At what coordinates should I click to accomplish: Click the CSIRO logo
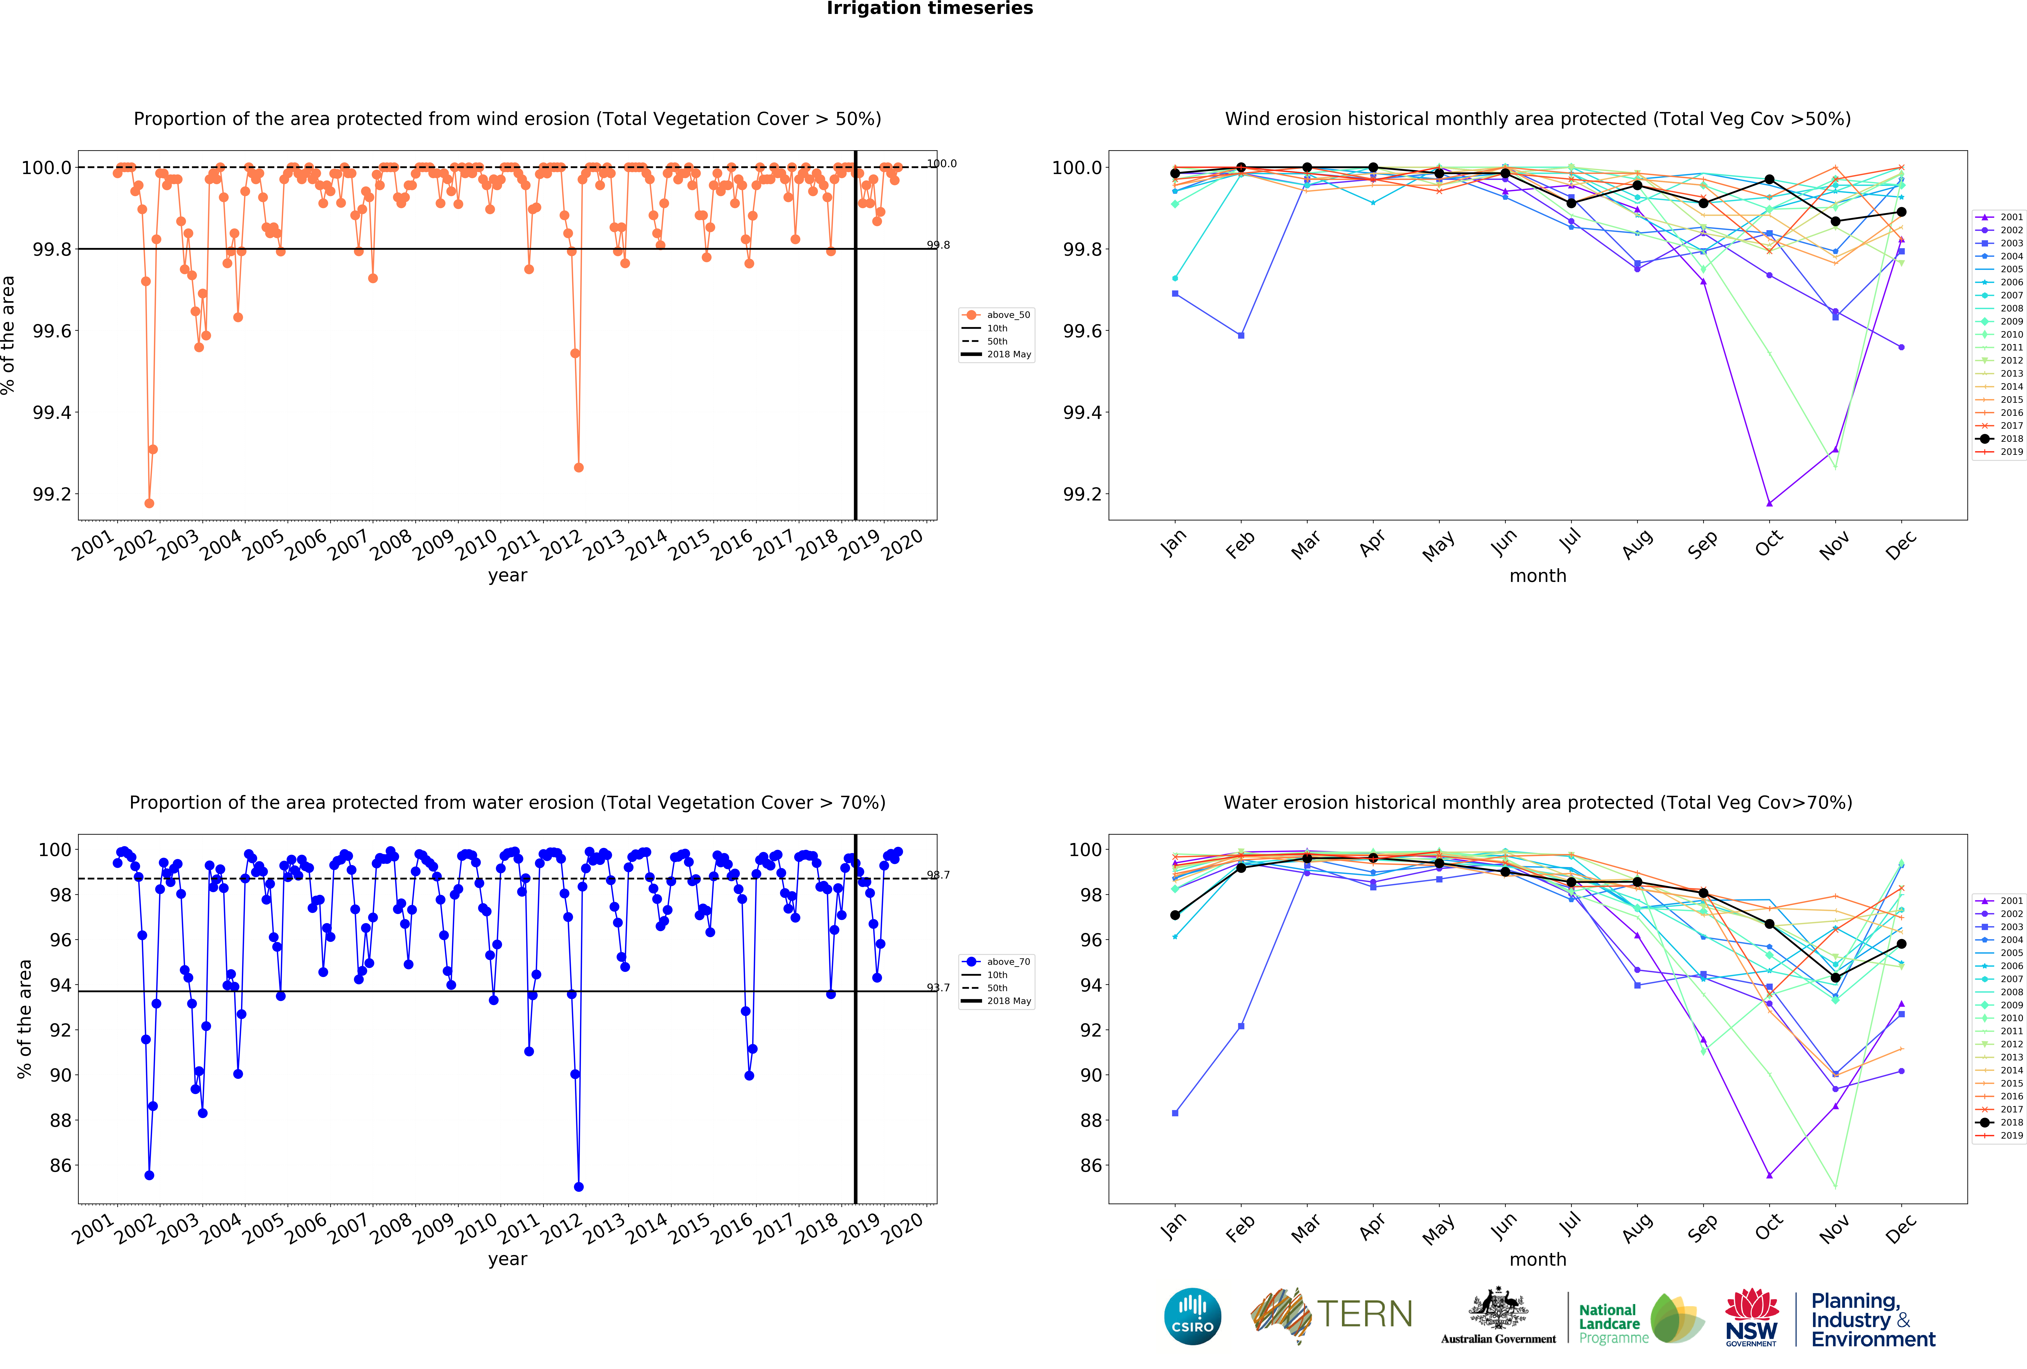(x=1192, y=1316)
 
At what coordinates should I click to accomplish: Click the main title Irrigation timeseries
(x=930, y=9)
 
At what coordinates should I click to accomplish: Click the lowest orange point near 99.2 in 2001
(x=149, y=503)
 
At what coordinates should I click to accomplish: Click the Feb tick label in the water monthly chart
(x=1239, y=1228)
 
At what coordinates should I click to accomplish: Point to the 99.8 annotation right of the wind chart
(x=939, y=245)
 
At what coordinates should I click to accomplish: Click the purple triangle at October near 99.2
(x=1769, y=503)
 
